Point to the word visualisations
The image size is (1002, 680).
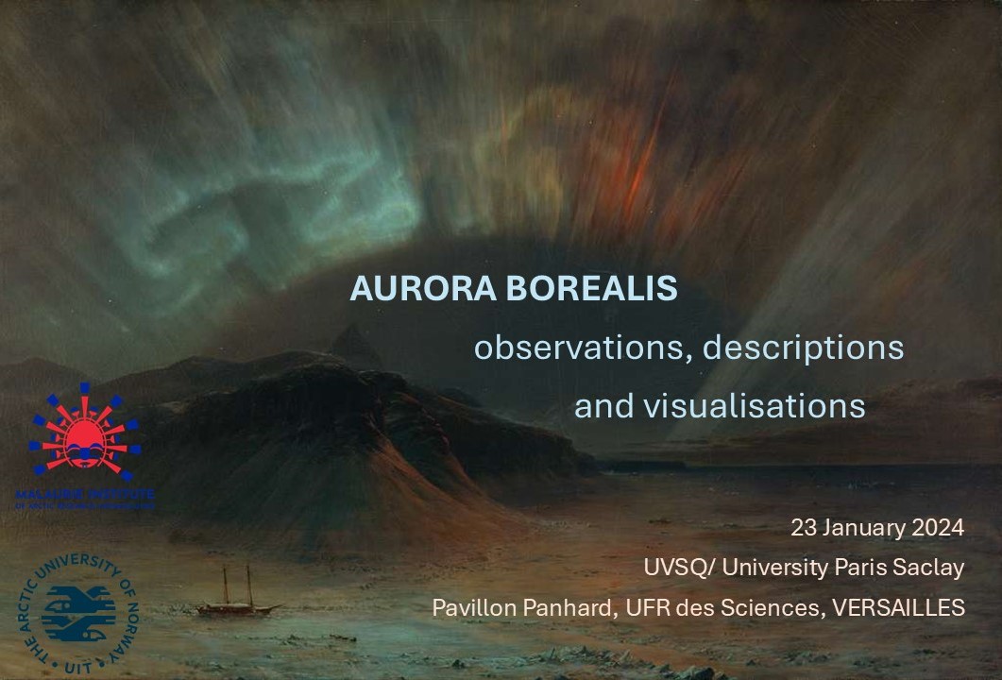pyautogui.click(x=747, y=406)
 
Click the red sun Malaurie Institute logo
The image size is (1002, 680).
pyautogui.click(x=85, y=430)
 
